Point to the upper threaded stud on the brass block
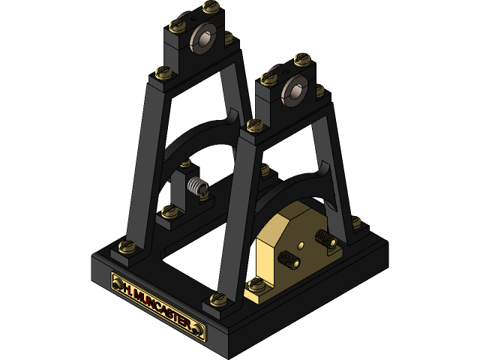coord(325,239)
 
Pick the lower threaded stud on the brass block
coord(289,259)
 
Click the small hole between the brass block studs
coord(301,244)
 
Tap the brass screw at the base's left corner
coord(126,245)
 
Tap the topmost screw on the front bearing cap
coord(302,57)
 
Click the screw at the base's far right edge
coord(355,222)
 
